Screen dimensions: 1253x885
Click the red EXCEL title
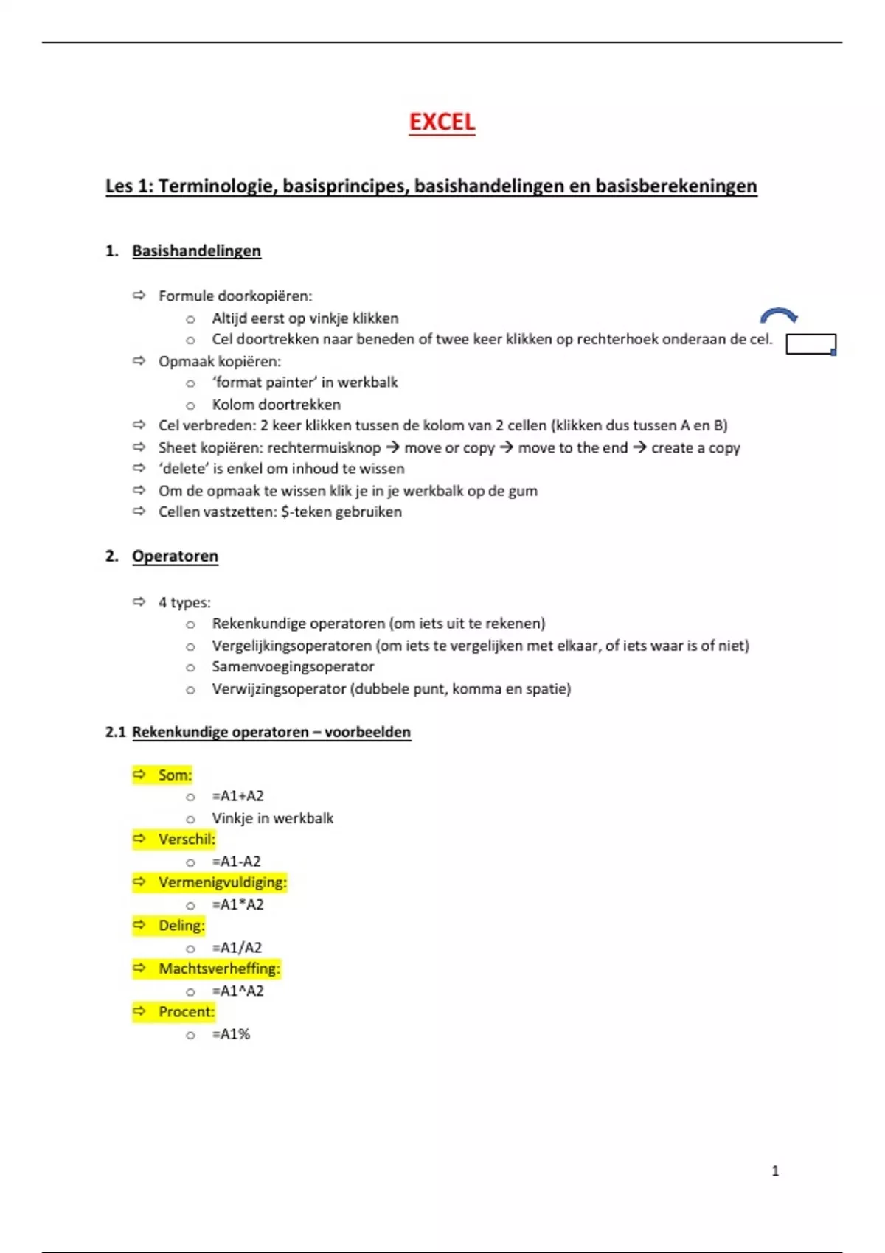[x=442, y=122]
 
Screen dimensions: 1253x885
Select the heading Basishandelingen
[x=196, y=251]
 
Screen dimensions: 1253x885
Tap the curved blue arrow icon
[x=779, y=316]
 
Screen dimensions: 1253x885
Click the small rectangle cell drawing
[x=811, y=344]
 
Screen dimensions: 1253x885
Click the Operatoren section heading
[x=175, y=556]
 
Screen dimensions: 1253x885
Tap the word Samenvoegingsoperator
[x=293, y=666]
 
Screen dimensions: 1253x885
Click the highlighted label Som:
[x=175, y=775]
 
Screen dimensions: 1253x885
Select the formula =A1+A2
[x=237, y=796]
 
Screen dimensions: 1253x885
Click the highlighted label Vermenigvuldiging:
[x=222, y=882]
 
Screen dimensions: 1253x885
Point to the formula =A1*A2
[x=237, y=904]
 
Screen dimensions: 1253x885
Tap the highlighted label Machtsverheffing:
[x=219, y=968]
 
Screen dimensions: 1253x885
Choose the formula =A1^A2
[x=237, y=991]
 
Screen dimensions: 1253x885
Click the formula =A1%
[x=231, y=1034]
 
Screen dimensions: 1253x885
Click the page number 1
[x=775, y=1170]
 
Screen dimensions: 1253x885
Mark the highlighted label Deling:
[x=181, y=925]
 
